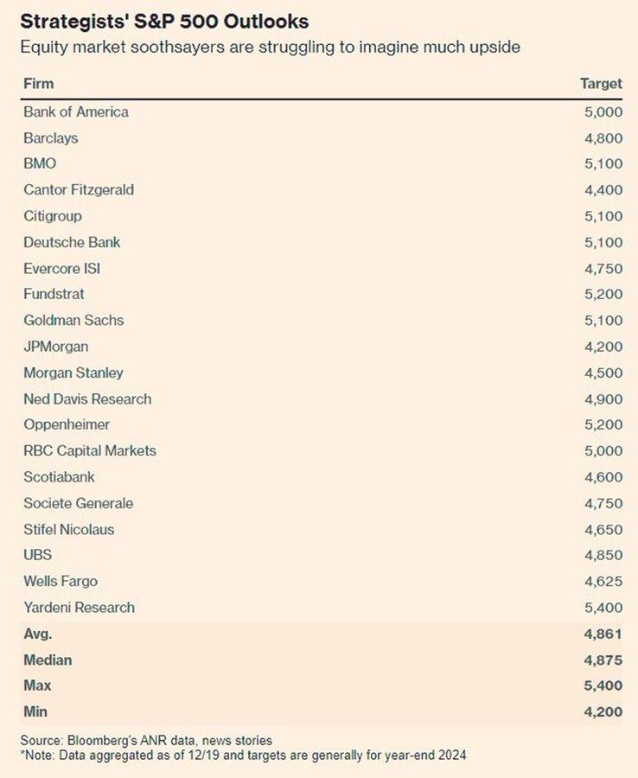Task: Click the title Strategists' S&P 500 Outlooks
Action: point(164,21)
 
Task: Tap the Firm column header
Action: point(38,84)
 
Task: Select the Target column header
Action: point(601,84)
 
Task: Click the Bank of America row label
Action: point(76,112)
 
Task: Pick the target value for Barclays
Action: point(603,137)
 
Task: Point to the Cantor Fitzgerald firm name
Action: point(79,189)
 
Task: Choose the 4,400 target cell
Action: point(603,189)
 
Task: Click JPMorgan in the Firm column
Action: point(55,347)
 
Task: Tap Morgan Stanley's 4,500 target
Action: point(603,373)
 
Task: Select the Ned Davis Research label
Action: point(87,399)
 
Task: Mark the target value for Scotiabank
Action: point(603,477)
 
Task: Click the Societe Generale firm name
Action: point(78,503)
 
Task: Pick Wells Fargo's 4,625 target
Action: point(603,581)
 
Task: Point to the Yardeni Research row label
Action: point(79,607)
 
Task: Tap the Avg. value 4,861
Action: point(603,634)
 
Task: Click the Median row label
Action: point(48,660)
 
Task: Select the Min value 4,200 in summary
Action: point(603,711)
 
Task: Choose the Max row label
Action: point(37,686)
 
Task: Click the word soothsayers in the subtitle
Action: point(163,47)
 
